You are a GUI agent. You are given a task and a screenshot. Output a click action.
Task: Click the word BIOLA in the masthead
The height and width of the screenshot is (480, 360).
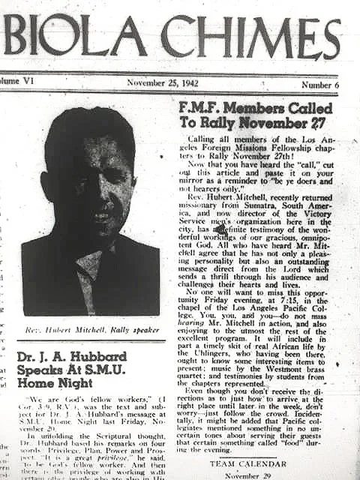tap(75, 35)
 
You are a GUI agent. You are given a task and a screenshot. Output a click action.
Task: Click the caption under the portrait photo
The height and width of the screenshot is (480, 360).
tap(91, 328)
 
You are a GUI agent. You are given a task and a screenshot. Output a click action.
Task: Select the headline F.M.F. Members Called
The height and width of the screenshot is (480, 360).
tap(255, 108)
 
